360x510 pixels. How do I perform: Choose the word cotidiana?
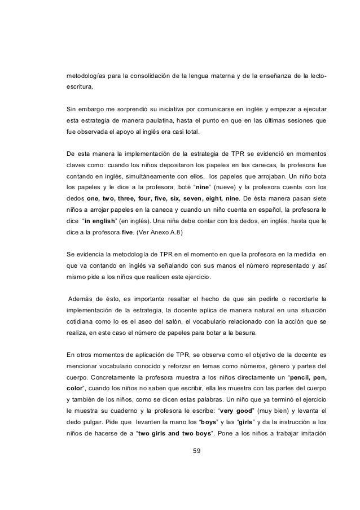pyautogui.click(x=81, y=322)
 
